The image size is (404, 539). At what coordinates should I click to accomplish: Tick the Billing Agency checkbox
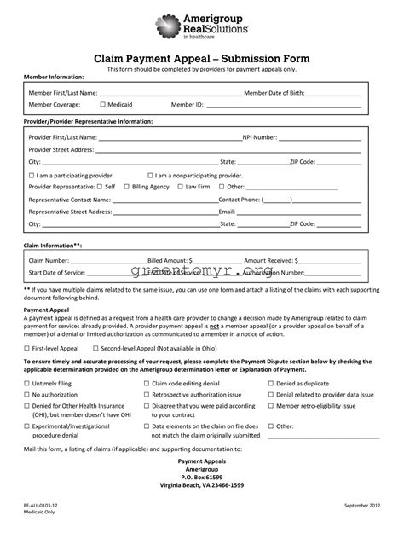click(127, 186)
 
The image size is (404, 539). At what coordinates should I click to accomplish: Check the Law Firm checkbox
click(181, 186)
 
